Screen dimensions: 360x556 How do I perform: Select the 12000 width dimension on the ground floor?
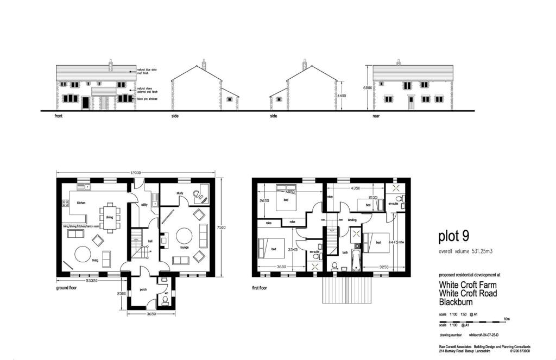[135, 173]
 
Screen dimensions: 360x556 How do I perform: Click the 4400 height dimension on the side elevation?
[342, 96]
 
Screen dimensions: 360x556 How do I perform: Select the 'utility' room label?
[144, 205]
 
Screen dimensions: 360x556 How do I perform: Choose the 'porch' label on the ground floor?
[143, 289]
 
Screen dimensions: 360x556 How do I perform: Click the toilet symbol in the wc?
[165, 299]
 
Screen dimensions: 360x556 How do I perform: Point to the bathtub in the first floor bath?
[356, 260]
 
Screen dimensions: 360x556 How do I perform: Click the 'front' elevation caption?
[59, 116]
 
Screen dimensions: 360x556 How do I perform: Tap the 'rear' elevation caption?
[376, 116]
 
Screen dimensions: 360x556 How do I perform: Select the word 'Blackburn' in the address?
[457, 302]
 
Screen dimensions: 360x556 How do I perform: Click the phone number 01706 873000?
[519, 351]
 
